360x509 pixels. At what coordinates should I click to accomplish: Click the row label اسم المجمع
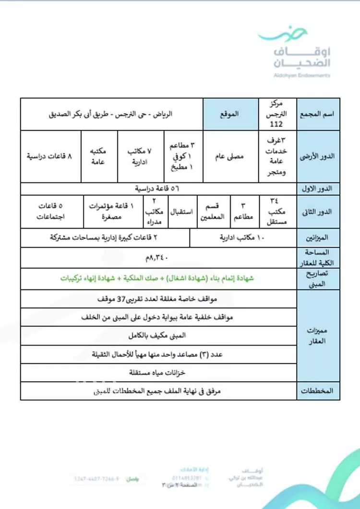[x=319, y=114]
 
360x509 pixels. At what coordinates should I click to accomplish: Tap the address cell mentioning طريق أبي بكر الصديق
[x=111, y=114]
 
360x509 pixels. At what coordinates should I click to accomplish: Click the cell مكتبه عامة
[x=99, y=157]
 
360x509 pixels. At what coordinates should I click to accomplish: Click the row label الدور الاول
[x=319, y=189]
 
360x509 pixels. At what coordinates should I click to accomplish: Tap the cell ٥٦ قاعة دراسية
[x=158, y=189]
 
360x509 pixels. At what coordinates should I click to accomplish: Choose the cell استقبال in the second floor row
[x=182, y=212]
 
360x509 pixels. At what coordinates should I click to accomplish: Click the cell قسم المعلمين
[x=212, y=212]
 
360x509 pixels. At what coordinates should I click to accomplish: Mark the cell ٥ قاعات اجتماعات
[x=51, y=212]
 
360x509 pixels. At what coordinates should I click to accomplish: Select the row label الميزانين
[x=319, y=238]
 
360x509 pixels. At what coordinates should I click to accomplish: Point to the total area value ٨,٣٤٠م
[x=158, y=258]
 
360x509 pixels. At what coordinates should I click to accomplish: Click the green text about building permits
[x=158, y=279]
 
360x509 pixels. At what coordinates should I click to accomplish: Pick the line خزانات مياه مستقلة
[x=158, y=372]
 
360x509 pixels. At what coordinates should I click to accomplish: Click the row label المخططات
[x=319, y=391]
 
